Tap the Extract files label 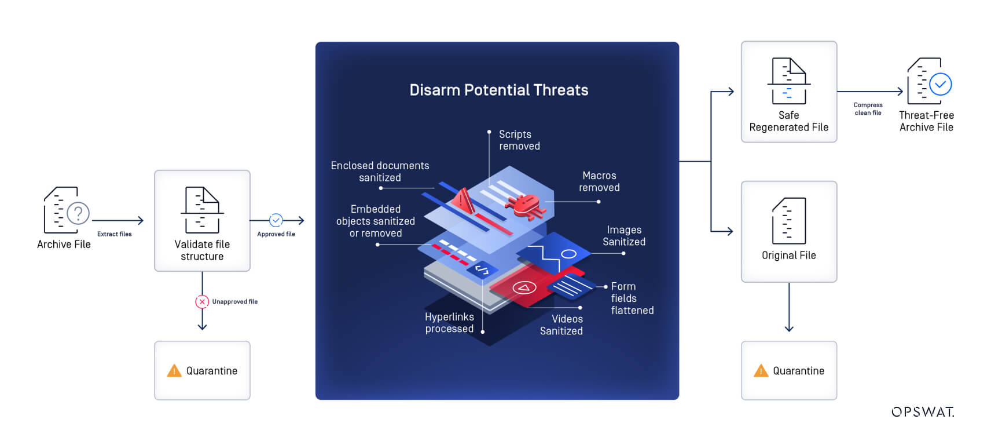click(x=114, y=234)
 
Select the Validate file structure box click(x=202, y=220)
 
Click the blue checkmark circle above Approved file click(x=276, y=220)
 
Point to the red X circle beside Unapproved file click(x=202, y=301)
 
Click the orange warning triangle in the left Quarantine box click(x=174, y=371)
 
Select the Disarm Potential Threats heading click(x=498, y=90)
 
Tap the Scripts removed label click(x=519, y=140)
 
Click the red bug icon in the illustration click(x=524, y=205)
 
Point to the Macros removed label click(x=599, y=181)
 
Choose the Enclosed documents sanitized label click(x=380, y=172)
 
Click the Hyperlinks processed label click(x=449, y=323)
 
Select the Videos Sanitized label click(x=561, y=325)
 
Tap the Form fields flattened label click(x=632, y=298)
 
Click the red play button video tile click(x=524, y=287)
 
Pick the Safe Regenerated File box click(x=788, y=92)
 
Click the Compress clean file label click(x=868, y=109)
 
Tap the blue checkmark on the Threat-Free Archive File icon click(x=940, y=84)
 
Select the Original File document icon click(x=788, y=221)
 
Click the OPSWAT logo click(x=922, y=412)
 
